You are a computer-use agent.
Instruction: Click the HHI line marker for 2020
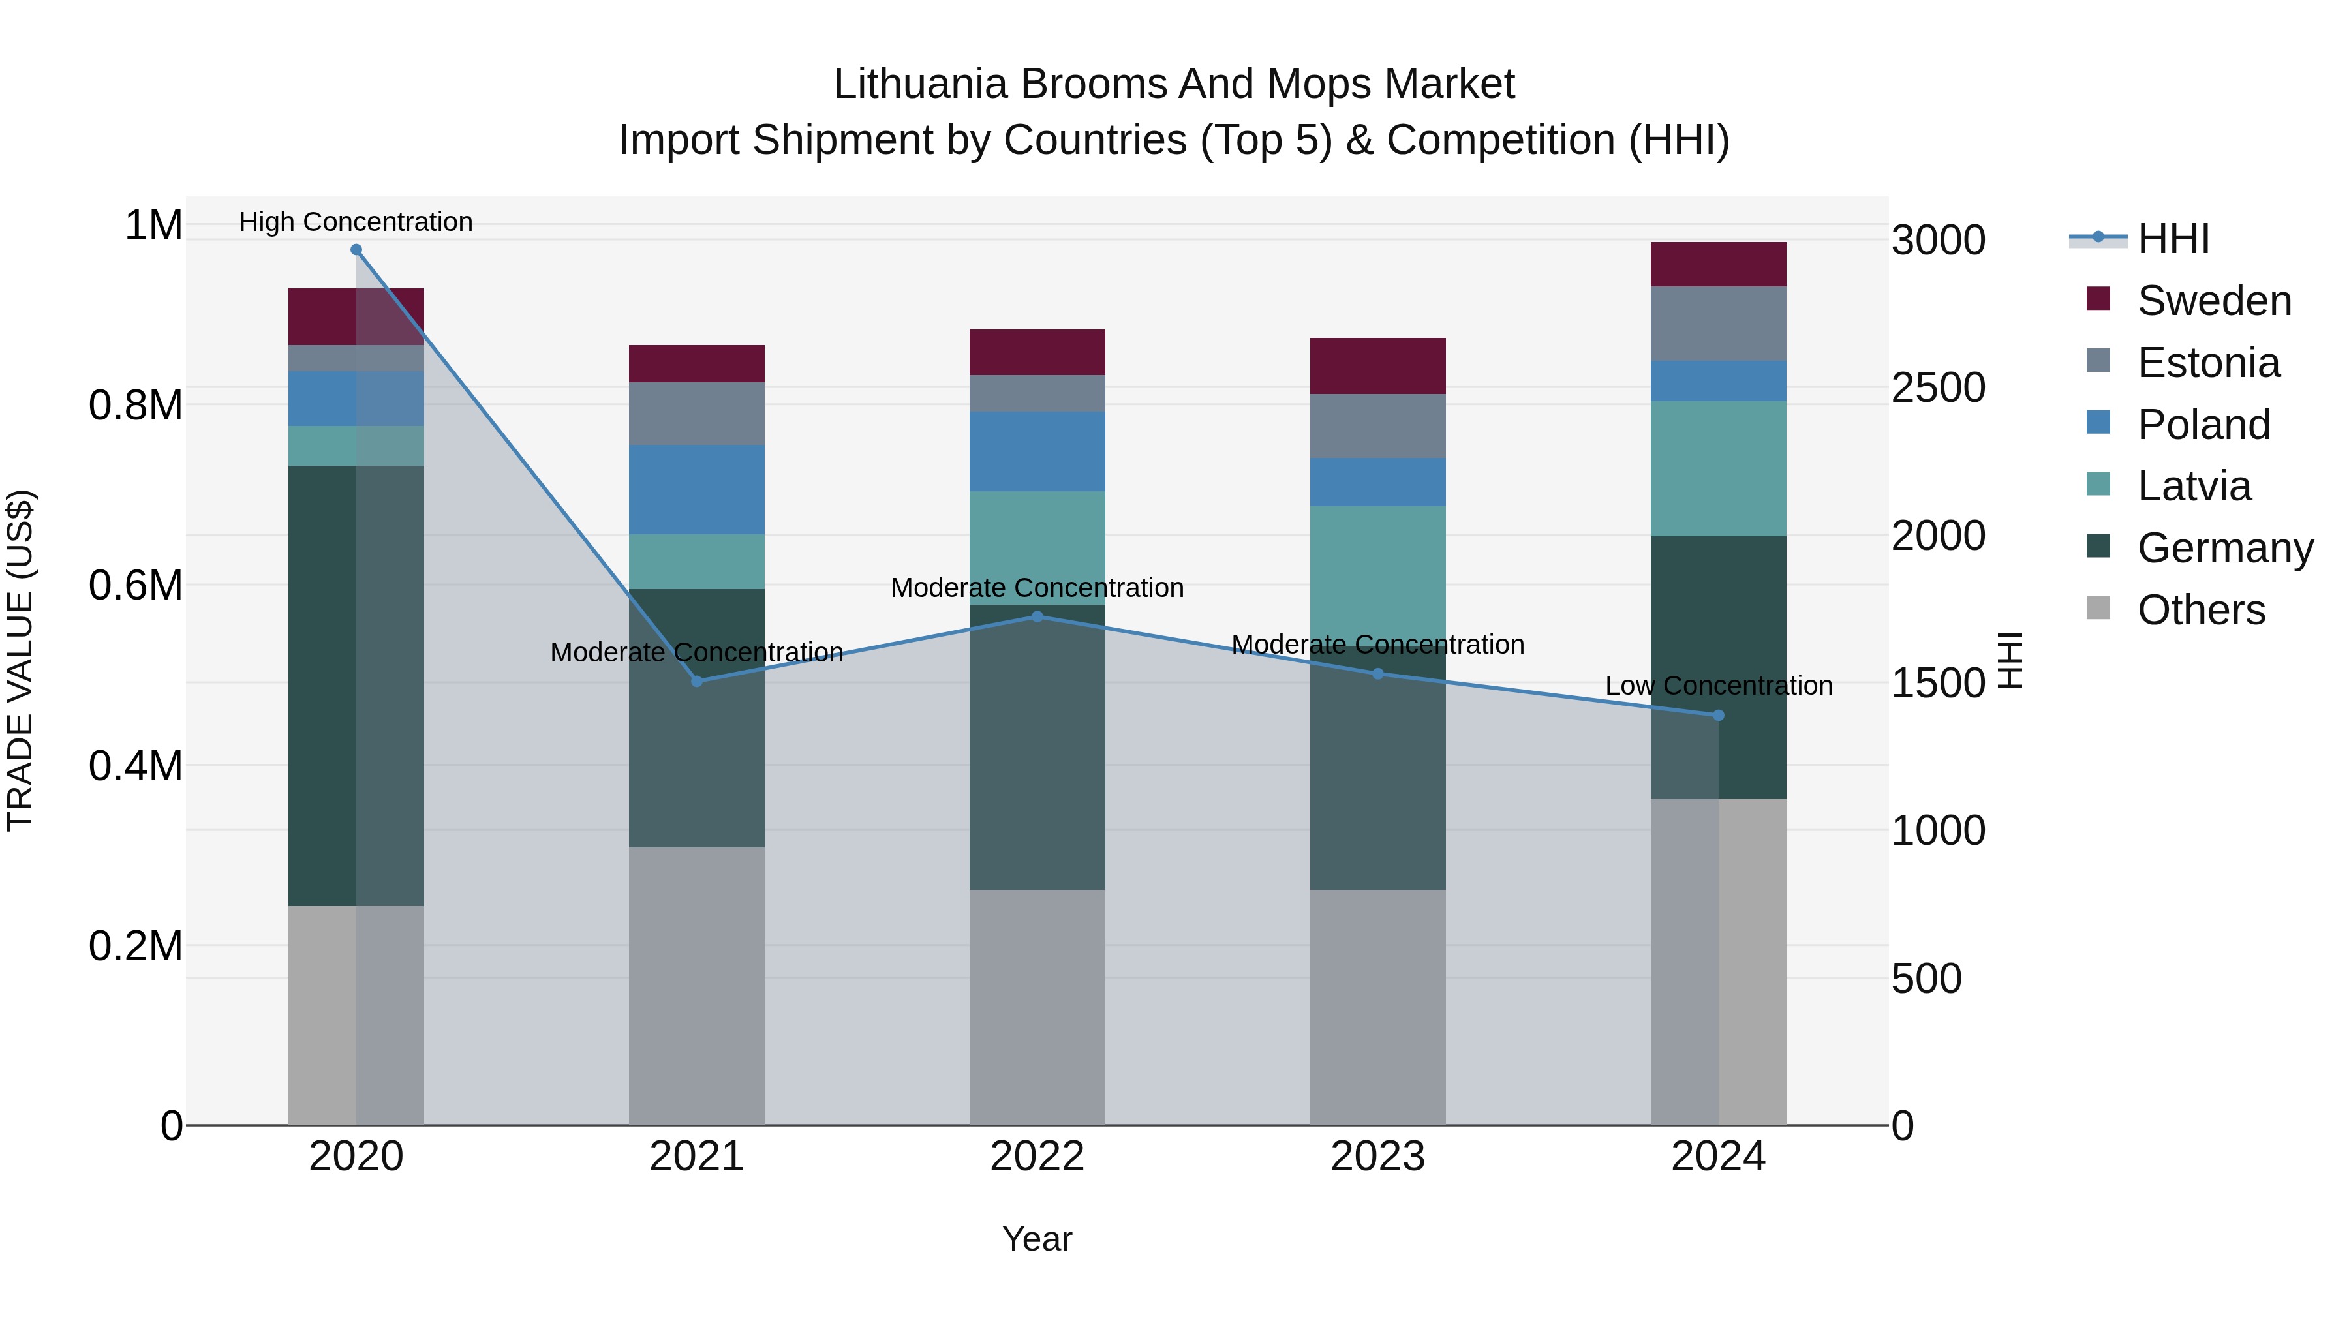[356, 250]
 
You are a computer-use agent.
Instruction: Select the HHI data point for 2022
[1037, 616]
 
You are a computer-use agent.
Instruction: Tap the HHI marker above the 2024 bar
[1718, 716]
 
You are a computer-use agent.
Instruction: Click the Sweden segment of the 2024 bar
[1718, 264]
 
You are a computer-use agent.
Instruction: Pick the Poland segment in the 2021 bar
[697, 489]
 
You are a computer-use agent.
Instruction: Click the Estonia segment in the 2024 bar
[1718, 324]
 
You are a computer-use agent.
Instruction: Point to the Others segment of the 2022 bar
[1037, 1007]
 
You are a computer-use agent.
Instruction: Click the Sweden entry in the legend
[2213, 301]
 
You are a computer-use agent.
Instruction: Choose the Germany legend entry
[2224, 548]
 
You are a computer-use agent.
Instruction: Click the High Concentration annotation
[356, 222]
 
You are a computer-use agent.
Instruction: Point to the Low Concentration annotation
[1718, 686]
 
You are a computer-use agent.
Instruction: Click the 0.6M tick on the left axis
[136, 585]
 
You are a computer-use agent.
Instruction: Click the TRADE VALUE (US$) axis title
[20, 660]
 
